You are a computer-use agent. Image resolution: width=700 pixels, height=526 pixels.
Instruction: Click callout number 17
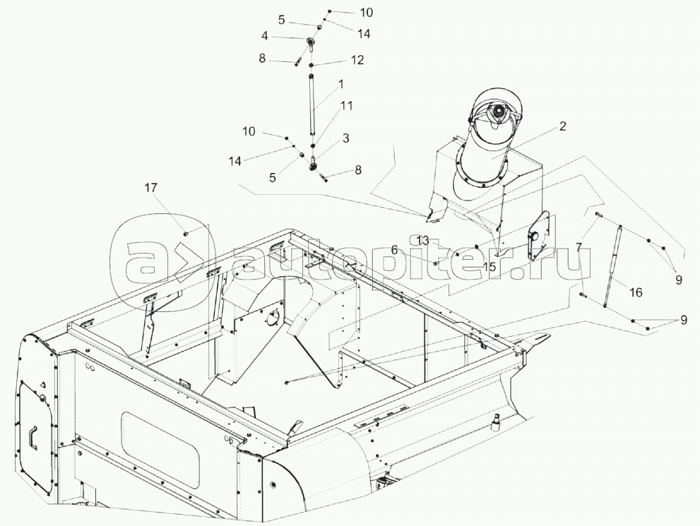pyautogui.click(x=151, y=187)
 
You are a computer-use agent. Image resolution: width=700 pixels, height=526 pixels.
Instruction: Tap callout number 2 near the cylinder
pyautogui.click(x=562, y=126)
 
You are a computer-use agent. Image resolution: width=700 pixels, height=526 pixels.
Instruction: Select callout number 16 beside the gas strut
pyautogui.click(x=636, y=292)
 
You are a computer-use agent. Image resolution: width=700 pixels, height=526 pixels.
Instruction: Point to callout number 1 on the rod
pyautogui.click(x=340, y=84)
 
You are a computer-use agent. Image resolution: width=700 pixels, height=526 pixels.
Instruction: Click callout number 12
pyautogui.click(x=357, y=59)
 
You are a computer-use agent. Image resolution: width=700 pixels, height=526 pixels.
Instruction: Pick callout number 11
pyautogui.click(x=346, y=106)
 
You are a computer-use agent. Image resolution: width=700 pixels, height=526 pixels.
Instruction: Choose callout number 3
pyautogui.click(x=346, y=138)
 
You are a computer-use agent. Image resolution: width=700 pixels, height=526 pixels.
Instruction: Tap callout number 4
pyautogui.click(x=265, y=36)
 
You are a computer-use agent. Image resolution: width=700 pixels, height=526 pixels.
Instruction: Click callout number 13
pyautogui.click(x=423, y=241)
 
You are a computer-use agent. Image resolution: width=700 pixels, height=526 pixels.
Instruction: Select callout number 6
pyautogui.click(x=394, y=251)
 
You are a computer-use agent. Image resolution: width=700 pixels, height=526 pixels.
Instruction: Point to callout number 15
pyautogui.click(x=490, y=267)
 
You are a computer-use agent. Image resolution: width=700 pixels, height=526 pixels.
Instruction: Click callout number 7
pyautogui.click(x=579, y=246)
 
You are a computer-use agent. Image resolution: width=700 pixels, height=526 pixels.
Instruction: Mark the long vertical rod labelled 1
pyautogui.click(x=312, y=104)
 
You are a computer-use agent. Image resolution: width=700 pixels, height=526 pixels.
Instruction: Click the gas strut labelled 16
pyautogui.click(x=612, y=266)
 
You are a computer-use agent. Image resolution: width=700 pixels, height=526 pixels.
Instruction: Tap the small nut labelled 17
pyautogui.click(x=186, y=234)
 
